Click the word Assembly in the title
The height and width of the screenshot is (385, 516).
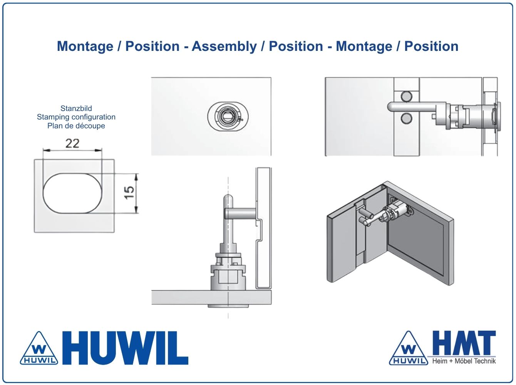224,46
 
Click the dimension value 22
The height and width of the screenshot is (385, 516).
72,143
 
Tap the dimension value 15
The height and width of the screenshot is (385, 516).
129,193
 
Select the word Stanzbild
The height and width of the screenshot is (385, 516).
76,108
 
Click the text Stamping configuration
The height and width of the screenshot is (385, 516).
76,117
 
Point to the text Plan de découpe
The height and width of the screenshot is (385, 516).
76,126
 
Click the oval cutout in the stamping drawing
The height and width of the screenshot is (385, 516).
72,193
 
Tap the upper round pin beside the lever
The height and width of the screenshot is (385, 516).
406,97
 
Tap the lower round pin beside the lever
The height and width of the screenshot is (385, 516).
406,118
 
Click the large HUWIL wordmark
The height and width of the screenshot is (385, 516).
125,348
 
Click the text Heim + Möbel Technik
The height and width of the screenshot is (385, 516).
464,361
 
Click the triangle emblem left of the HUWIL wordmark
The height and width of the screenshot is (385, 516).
39,348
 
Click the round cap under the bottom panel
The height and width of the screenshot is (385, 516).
228,306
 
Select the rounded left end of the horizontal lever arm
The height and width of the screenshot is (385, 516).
390,106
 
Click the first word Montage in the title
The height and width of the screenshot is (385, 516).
85,46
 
